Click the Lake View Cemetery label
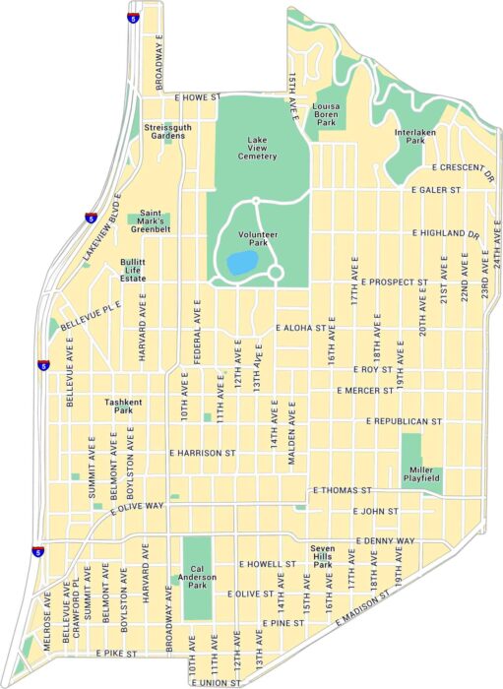coord(257,148)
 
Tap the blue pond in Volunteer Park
coord(239,263)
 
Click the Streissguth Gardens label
coord(166,132)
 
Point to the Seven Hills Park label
coord(323,552)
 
